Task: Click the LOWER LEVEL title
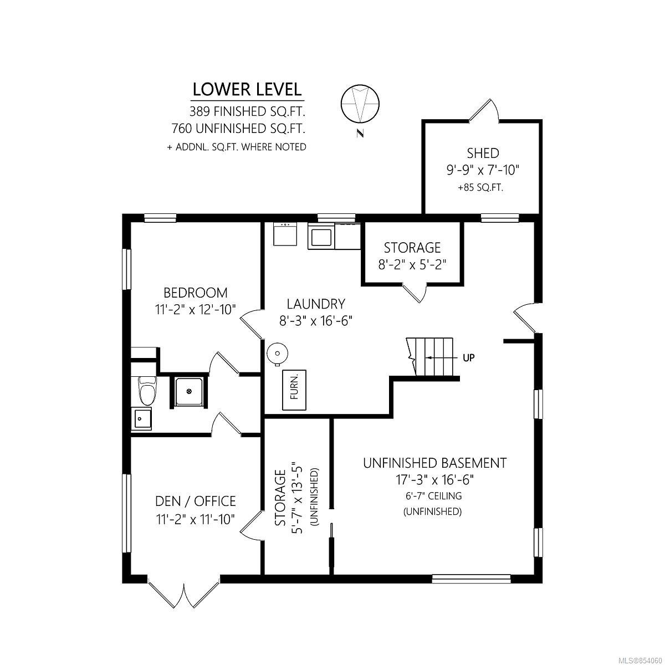[247, 89]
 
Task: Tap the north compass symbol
[360, 104]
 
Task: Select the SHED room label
[483, 153]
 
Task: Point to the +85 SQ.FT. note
[480, 188]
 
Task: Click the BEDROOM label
[195, 293]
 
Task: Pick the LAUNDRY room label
[316, 304]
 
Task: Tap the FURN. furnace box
[294, 390]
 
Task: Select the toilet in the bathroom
[147, 391]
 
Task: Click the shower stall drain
[189, 391]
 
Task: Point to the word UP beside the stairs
[469, 358]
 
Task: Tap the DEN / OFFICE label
[195, 501]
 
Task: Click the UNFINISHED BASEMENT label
[435, 463]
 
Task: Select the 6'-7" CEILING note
[433, 496]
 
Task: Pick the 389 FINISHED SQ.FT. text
[247, 111]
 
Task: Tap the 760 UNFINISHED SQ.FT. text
[238, 129]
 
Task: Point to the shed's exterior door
[484, 110]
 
